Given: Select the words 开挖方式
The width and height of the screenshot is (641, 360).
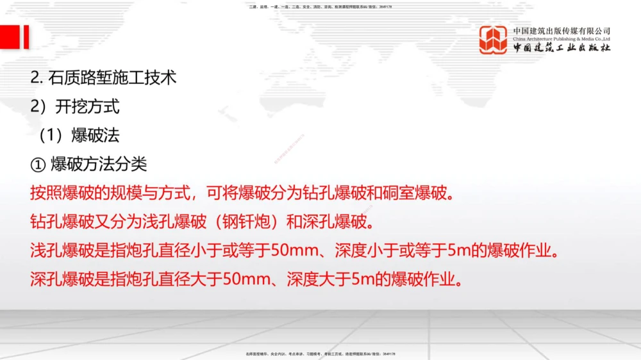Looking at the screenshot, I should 87,106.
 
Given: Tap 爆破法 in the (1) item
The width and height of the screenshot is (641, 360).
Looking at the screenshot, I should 96,135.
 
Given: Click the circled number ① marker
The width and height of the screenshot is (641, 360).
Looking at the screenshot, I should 37,164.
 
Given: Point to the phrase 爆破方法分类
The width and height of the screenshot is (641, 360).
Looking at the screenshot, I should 99,164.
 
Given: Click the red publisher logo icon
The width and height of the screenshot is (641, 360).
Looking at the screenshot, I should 494,40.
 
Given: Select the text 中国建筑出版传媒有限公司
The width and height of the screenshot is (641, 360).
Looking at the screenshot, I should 562,31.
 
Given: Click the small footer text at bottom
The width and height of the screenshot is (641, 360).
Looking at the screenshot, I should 320,353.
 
